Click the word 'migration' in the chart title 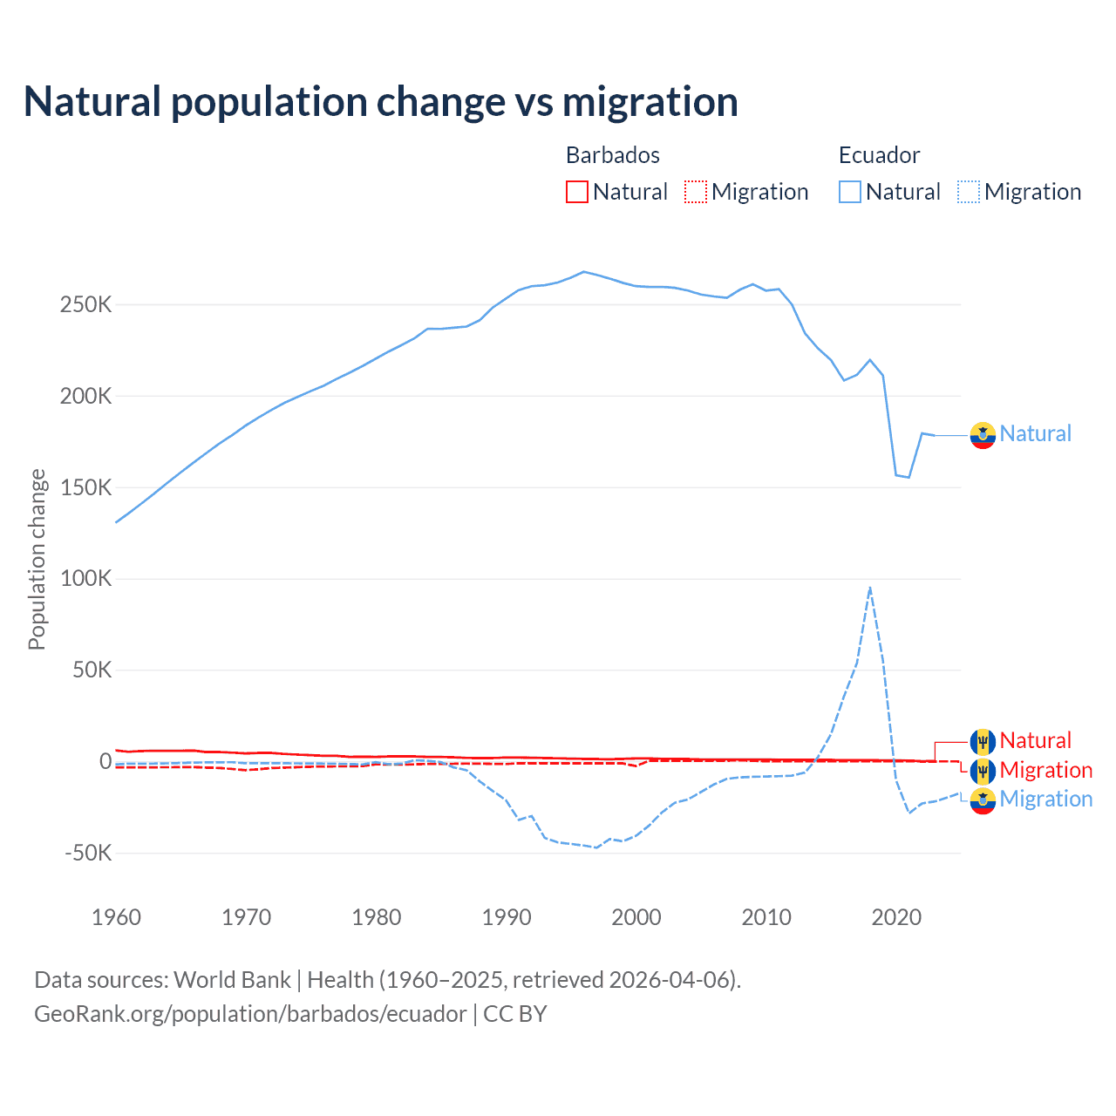pos(650,102)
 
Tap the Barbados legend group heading pos(612,155)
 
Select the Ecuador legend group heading pos(879,155)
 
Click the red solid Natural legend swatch pos(577,192)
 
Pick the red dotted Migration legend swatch pos(696,192)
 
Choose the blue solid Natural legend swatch pos(850,192)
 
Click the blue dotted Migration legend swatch pos(969,192)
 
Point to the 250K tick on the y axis pos(86,305)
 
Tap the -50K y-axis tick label pos(88,853)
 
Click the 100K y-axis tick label pos(86,579)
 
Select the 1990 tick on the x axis pos(507,917)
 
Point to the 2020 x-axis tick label pos(896,917)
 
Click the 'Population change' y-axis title pos(37,559)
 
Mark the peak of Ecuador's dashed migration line pos(870,588)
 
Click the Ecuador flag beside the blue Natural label pos(983,434)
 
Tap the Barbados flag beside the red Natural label pos(983,741)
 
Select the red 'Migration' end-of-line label pos(1045,771)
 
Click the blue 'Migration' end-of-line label pos(1045,800)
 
